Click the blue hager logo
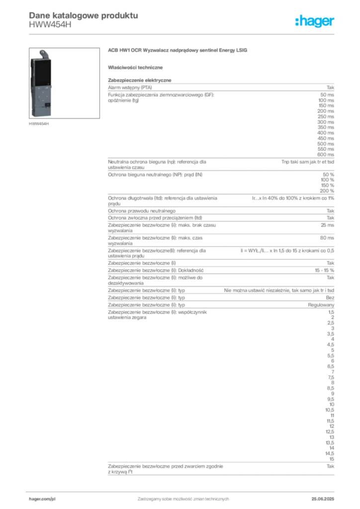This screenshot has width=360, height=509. pos(315,22)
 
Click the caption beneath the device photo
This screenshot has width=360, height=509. pos(39,124)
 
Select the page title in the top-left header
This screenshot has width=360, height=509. pos(82,15)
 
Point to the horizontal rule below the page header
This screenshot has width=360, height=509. pos(182,33)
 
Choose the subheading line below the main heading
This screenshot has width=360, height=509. pos(137,67)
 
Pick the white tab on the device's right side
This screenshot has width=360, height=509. pos(54,87)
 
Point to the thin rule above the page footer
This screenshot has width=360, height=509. pos(182,489)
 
